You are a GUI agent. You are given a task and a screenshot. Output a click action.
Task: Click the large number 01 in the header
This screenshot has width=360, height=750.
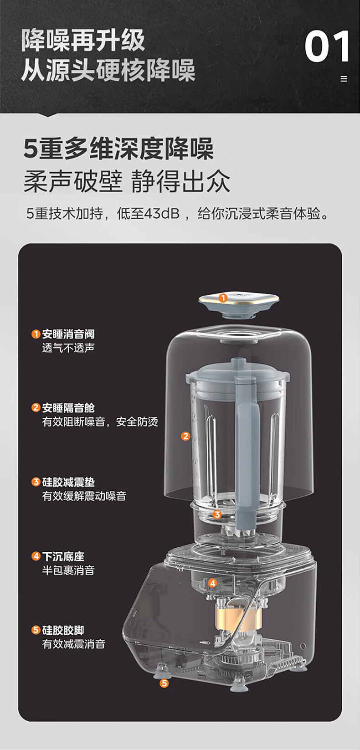327,46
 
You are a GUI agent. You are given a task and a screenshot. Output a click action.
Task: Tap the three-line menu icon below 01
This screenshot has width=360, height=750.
344,79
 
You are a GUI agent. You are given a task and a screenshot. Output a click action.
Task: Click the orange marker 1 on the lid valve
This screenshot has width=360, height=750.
223,298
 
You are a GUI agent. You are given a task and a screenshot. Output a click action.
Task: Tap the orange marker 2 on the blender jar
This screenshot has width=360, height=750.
185,436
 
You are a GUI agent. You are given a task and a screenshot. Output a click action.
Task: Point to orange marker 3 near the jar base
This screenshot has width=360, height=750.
217,514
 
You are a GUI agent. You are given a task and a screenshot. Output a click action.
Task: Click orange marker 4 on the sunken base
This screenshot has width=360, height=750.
212,583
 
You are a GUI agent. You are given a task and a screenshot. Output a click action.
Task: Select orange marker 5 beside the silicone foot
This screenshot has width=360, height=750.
164,683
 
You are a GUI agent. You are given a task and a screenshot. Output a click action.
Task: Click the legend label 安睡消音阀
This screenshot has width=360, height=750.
68,334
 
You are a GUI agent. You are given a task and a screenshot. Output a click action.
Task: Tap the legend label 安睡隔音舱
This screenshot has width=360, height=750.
68,407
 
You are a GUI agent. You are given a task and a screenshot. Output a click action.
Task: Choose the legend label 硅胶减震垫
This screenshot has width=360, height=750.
68,482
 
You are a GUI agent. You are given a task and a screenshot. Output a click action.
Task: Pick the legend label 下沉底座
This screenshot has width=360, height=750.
63,556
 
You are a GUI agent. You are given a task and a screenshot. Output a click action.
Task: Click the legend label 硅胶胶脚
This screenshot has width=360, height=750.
63,630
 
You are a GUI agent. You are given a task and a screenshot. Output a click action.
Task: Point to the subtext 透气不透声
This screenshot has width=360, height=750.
68,348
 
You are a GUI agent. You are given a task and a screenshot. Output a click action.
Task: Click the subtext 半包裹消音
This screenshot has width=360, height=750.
68,570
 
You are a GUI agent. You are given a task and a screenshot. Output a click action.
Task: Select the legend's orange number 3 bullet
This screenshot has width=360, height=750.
36,482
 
